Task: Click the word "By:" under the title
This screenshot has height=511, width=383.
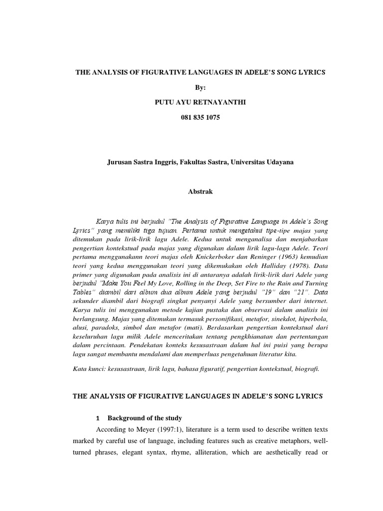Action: coord(200,87)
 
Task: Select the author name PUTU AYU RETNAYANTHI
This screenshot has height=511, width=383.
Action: coord(199,102)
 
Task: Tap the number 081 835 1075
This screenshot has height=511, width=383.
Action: coord(199,117)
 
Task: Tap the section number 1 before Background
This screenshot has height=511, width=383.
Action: coord(98,418)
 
